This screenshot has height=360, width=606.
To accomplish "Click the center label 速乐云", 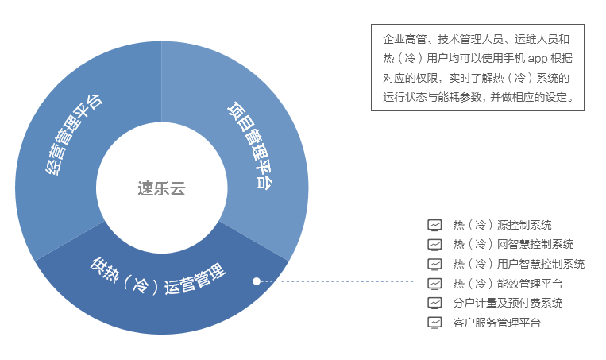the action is pyautogui.click(x=161, y=188).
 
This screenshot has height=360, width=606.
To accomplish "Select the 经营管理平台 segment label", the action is pyautogui.click(x=73, y=134).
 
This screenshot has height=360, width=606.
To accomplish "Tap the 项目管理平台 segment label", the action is pyautogui.click(x=250, y=145).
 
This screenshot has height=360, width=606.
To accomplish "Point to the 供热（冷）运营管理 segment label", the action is pyautogui.click(x=157, y=277).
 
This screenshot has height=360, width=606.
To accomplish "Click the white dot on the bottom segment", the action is pyautogui.click(x=257, y=281).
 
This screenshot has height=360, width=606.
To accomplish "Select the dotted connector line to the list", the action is pyautogui.click(x=337, y=281).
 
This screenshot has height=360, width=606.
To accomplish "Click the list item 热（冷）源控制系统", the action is pyautogui.click(x=502, y=225).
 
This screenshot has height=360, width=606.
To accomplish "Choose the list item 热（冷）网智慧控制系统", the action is pyautogui.click(x=513, y=245).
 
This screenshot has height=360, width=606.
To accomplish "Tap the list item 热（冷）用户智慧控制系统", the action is pyautogui.click(x=519, y=264).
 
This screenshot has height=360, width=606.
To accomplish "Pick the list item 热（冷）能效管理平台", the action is pyautogui.click(x=508, y=284).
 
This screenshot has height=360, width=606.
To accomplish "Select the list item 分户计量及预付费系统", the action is pyautogui.click(x=508, y=303).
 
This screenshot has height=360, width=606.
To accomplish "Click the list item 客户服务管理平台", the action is pyautogui.click(x=496, y=323).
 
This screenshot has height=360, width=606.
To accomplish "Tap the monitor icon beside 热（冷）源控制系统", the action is pyautogui.click(x=434, y=225).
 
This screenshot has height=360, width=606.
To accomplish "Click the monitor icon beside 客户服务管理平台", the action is pyautogui.click(x=434, y=323).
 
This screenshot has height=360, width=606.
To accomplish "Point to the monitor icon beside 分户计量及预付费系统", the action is pyautogui.click(x=434, y=303).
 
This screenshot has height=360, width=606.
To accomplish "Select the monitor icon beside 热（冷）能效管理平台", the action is pyautogui.click(x=434, y=284).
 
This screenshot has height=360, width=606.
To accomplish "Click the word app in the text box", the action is pyautogui.click(x=538, y=59).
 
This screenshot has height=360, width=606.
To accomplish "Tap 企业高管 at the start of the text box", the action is pyautogui.click(x=404, y=39).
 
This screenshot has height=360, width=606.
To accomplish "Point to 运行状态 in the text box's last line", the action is pyautogui.click(x=404, y=97).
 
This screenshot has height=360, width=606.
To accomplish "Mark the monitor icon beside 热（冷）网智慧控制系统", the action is pyautogui.click(x=434, y=245).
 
